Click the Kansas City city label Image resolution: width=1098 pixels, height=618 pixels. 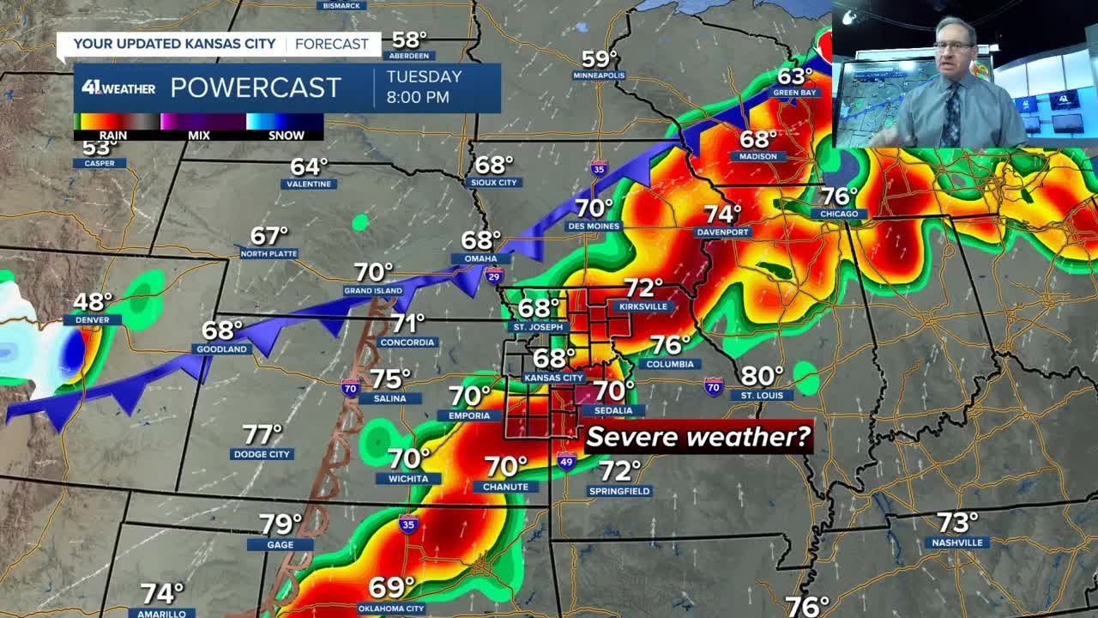pyautogui.click(x=554, y=378)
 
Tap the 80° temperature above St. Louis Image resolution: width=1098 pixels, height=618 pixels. pyautogui.click(x=762, y=376)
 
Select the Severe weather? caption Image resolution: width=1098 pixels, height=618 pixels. pyautogui.click(x=698, y=437)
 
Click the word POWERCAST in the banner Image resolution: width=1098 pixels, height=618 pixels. pyautogui.click(x=256, y=88)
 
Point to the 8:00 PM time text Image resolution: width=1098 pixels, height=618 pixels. pyautogui.click(x=418, y=97)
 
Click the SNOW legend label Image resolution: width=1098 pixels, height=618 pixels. pyautogui.click(x=287, y=135)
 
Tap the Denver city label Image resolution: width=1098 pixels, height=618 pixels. pyautogui.click(x=92, y=320)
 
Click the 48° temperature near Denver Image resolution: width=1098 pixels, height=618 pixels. pyautogui.click(x=93, y=302)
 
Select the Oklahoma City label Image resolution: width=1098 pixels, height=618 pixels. pyautogui.click(x=390, y=609)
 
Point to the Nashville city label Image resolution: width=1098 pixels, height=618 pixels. pyautogui.click(x=957, y=542)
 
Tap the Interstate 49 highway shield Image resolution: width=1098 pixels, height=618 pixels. pyautogui.click(x=566, y=462)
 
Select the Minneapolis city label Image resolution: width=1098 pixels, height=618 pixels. pyautogui.click(x=600, y=76)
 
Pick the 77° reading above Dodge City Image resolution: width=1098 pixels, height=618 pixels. pyautogui.click(x=262, y=434)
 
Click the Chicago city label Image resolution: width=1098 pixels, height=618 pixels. pyautogui.click(x=840, y=214)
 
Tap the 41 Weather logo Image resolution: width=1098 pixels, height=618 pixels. pyautogui.click(x=118, y=88)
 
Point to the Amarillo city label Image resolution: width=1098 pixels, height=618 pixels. pyautogui.click(x=161, y=613)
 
